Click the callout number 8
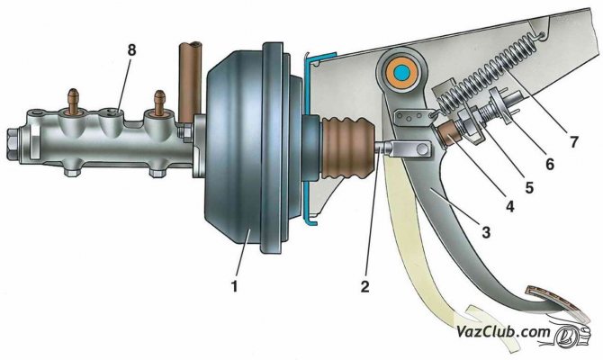(132, 50)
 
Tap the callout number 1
(234, 286)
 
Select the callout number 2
(364, 286)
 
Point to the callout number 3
(486, 232)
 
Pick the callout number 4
(509, 207)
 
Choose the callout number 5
(529, 187)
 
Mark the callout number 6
(550, 165)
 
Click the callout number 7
(574, 142)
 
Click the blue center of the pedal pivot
(402, 71)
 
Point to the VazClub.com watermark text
(503, 331)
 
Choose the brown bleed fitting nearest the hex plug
(73, 101)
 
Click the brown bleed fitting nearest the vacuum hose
(158, 103)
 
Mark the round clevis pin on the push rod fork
(423, 148)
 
